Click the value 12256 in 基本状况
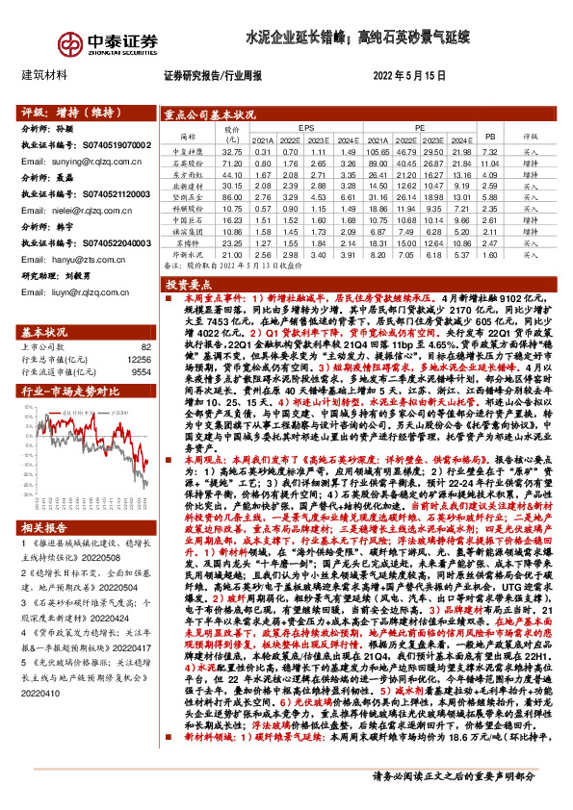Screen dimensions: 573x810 tap(139, 360)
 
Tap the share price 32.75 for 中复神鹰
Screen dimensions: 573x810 tap(232, 152)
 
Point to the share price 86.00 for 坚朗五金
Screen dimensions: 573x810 tap(232, 195)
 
